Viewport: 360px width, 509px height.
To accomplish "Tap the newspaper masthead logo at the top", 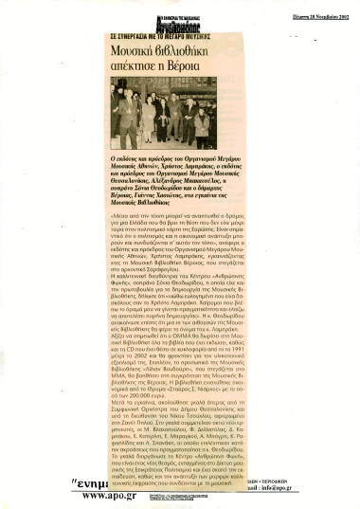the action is coord(180,15).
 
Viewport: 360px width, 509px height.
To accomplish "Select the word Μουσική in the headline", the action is coord(139,46).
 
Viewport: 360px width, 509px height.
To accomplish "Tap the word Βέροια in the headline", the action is coord(207,64).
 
